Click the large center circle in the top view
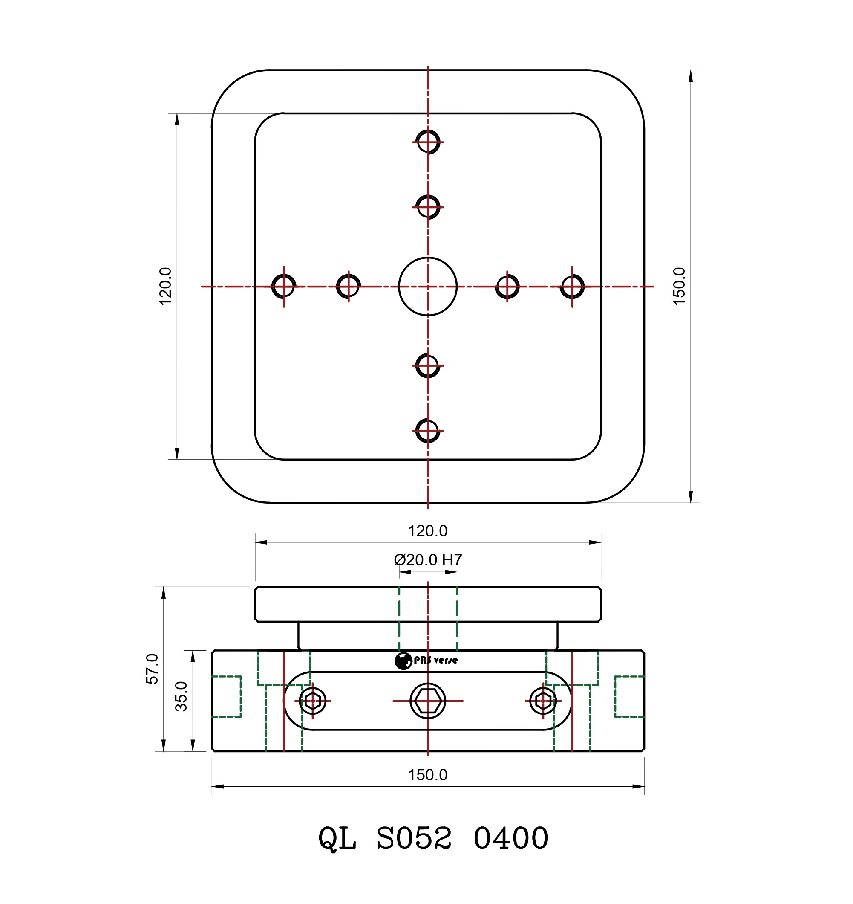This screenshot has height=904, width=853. coord(427,286)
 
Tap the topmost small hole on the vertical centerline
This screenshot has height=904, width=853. coord(427,142)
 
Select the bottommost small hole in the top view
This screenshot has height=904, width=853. coord(427,430)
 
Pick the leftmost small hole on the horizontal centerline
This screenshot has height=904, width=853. coord(284,286)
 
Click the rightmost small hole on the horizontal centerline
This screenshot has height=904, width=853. coord(572,286)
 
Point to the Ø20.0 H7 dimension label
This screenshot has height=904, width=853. coord(427,559)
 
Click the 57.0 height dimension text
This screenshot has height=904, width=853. coord(153,668)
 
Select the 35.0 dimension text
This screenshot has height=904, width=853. coord(182,696)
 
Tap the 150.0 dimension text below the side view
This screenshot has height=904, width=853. coord(427,775)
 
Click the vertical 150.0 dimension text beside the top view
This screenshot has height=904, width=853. coord(679,286)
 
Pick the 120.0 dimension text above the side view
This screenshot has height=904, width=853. coord(427,531)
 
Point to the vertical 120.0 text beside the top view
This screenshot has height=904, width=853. coord(165,286)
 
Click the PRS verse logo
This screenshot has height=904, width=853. coord(426,661)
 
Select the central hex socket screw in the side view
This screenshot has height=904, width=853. coord(427,701)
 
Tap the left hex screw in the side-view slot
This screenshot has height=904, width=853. coord(312,701)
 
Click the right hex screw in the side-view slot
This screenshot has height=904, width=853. coord(543,701)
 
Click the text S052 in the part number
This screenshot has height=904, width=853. coord(414,838)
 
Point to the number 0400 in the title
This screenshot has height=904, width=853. coord(510,838)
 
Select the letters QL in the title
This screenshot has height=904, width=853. coord(337,838)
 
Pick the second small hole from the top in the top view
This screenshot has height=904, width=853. coord(427,207)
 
